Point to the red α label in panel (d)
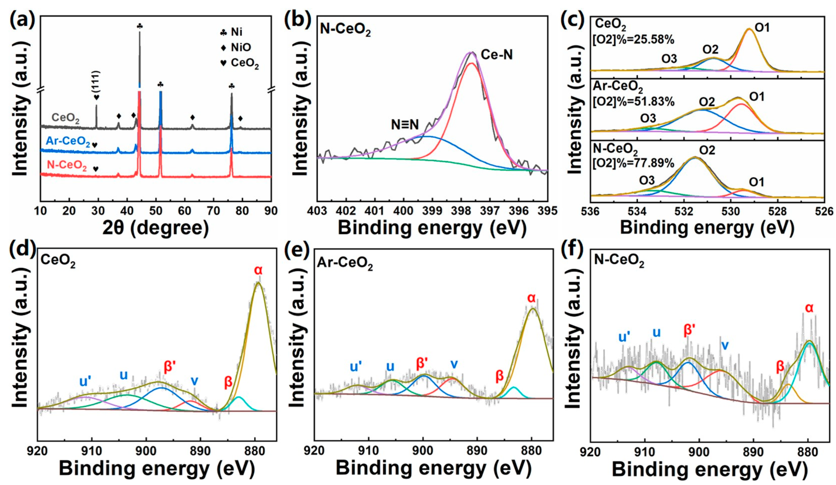tap(258, 271)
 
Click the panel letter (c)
tap(573, 21)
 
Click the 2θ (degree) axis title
tap(156, 228)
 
